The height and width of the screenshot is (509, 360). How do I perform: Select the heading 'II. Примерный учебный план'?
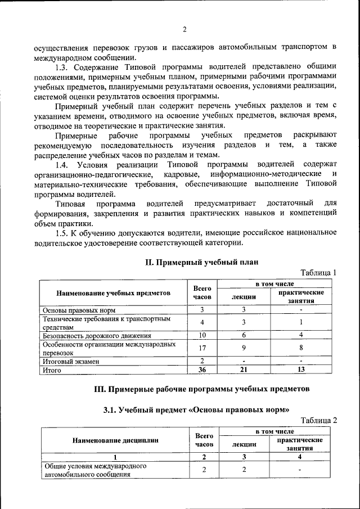pos(201,262)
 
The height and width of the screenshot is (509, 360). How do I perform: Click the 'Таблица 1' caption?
pos(318,273)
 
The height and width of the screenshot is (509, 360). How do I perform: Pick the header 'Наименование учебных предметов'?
pos(113,293)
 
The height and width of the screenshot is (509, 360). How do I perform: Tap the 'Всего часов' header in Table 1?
pos(202,292)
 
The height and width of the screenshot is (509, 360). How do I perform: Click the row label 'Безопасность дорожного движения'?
pos(93,335)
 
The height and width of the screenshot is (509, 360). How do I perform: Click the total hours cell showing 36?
pos(202,370)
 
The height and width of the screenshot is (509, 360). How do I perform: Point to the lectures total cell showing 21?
pos(244,370)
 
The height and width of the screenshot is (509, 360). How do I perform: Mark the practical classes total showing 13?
pos(301,370)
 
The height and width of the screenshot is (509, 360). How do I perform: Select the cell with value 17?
pos(202,348)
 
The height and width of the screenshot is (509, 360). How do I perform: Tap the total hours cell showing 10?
pos(202,335)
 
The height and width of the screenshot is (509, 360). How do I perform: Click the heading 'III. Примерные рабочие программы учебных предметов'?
pos(201,389)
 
